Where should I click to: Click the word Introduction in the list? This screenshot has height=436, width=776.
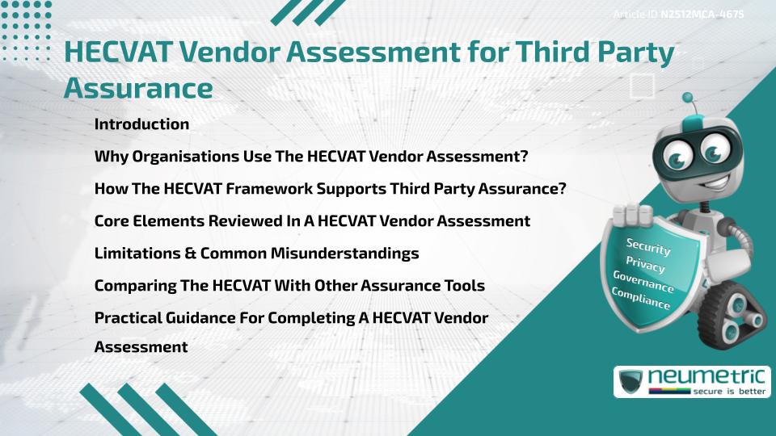tap(141, 124)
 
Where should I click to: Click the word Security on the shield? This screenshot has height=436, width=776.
tap(647, 247)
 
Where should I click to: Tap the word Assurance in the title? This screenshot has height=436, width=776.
tap(137, 87)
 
